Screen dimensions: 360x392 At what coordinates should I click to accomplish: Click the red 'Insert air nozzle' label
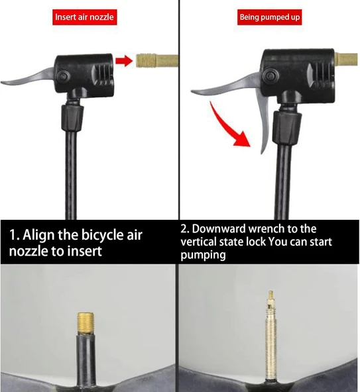pos(85,17)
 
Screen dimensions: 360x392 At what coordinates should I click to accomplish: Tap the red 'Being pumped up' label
pos(269,17)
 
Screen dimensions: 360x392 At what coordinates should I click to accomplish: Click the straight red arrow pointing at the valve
pos(124,61)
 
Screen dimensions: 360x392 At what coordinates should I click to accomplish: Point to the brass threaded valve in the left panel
pos(157,61)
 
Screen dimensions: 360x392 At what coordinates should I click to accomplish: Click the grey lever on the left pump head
pos(28,77)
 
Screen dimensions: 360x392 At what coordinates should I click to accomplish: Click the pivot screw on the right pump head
pos(270,75)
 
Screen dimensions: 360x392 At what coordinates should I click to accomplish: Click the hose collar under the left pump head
pos(72,118)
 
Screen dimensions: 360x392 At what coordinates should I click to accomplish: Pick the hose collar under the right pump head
pos(287,128)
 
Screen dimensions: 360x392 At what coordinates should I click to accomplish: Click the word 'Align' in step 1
pos(38,236)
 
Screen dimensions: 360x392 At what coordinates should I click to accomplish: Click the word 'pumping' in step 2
pos(203,256)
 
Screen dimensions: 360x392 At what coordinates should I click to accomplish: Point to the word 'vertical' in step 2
pos(199,242)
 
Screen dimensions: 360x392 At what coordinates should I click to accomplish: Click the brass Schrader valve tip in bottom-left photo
pos(86,322)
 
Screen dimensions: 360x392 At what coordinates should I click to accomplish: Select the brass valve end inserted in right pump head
pos(346,59)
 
